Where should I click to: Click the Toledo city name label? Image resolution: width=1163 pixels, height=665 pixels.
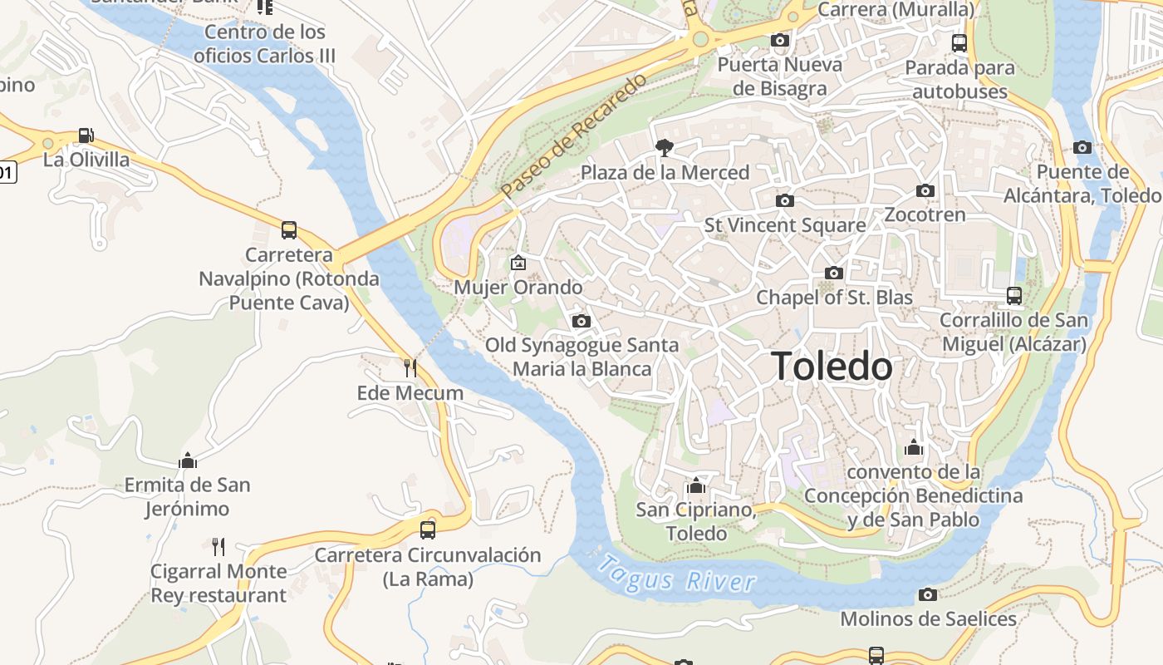832,367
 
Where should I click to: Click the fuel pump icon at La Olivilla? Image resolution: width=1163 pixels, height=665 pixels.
86,135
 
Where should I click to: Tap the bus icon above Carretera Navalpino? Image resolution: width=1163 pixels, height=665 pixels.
289,230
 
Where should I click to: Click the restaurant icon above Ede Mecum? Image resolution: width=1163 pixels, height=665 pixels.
410,367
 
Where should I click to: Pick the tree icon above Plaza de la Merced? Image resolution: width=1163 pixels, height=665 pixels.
664,148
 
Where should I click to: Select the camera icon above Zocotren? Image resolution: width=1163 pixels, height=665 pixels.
925,190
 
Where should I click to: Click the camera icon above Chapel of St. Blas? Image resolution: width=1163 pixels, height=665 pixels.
833,273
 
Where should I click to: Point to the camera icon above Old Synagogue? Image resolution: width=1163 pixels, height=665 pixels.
581,321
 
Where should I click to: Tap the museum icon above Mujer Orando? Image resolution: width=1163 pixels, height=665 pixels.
518,263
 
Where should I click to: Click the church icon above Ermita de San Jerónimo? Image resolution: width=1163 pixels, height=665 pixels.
188,460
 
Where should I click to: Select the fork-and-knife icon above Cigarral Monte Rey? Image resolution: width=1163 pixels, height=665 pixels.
218,546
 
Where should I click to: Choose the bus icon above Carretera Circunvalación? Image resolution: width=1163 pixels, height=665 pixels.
427,530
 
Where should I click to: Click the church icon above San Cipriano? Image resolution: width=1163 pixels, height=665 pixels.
696,485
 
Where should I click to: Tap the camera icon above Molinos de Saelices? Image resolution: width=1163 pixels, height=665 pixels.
928,594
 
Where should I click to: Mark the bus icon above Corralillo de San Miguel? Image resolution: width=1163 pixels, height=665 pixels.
1013,295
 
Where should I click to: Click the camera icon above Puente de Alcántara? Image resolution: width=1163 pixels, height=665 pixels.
1082,147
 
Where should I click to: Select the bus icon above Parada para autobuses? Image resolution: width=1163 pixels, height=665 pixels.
959,42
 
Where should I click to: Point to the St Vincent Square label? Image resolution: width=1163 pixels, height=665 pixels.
785,225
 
